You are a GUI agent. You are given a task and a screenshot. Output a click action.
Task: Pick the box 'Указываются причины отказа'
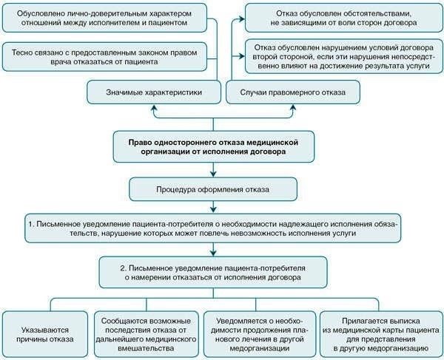pos(47,331)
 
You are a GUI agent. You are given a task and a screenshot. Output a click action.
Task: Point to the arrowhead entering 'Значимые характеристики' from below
pos(155,109)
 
